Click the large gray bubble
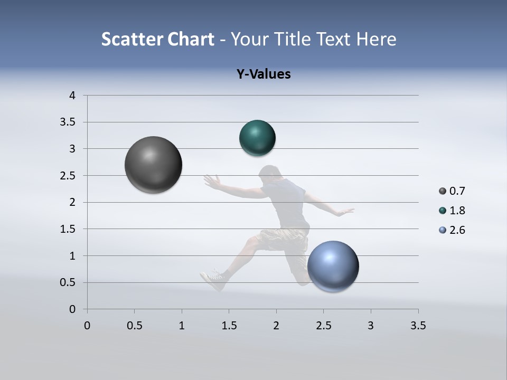tap(153, 165)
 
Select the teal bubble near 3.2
tap(257, 138)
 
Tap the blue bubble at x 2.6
tap(333, 266)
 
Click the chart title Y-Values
tap(264, 74)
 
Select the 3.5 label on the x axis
tap(418, 326)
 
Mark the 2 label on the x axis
tap(276, 326)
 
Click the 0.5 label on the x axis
tap(134, 326)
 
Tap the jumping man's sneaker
tap(212, 280)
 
